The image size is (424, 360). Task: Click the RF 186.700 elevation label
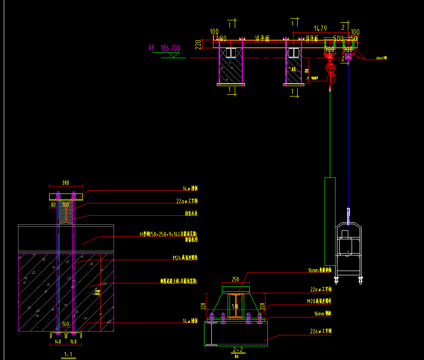coord(164,48)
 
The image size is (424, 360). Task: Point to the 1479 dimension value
coord(320,28)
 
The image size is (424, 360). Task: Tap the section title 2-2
coord(238,350)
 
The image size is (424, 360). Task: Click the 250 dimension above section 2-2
coord(235,280)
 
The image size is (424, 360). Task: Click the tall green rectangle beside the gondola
coord(330,221)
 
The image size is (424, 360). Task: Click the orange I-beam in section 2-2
coord(235,306)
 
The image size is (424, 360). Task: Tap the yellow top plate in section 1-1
coord(66,196)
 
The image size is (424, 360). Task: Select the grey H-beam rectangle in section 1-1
coord(66,238)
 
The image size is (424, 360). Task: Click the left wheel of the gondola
coord(337,279)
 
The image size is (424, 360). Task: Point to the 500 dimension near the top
coord(338,38)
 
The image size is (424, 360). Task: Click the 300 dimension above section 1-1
coord(65,182)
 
